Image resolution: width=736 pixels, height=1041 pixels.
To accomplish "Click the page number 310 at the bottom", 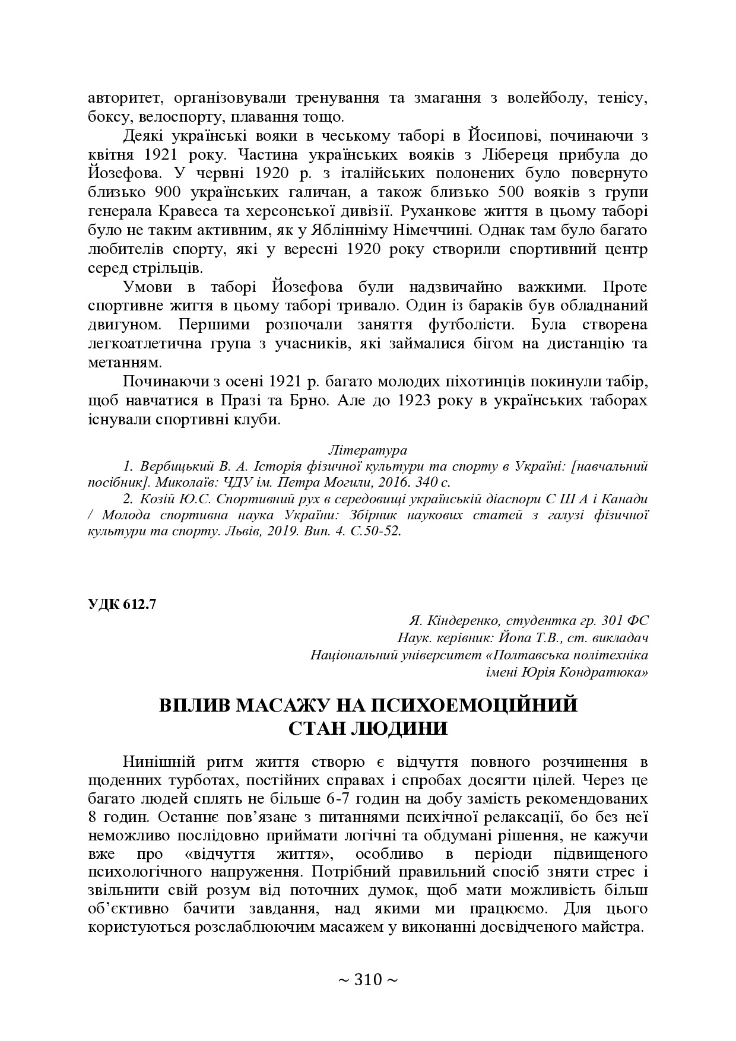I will tap(368, 980).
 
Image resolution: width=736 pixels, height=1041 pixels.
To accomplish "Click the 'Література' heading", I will tap(367, 448).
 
